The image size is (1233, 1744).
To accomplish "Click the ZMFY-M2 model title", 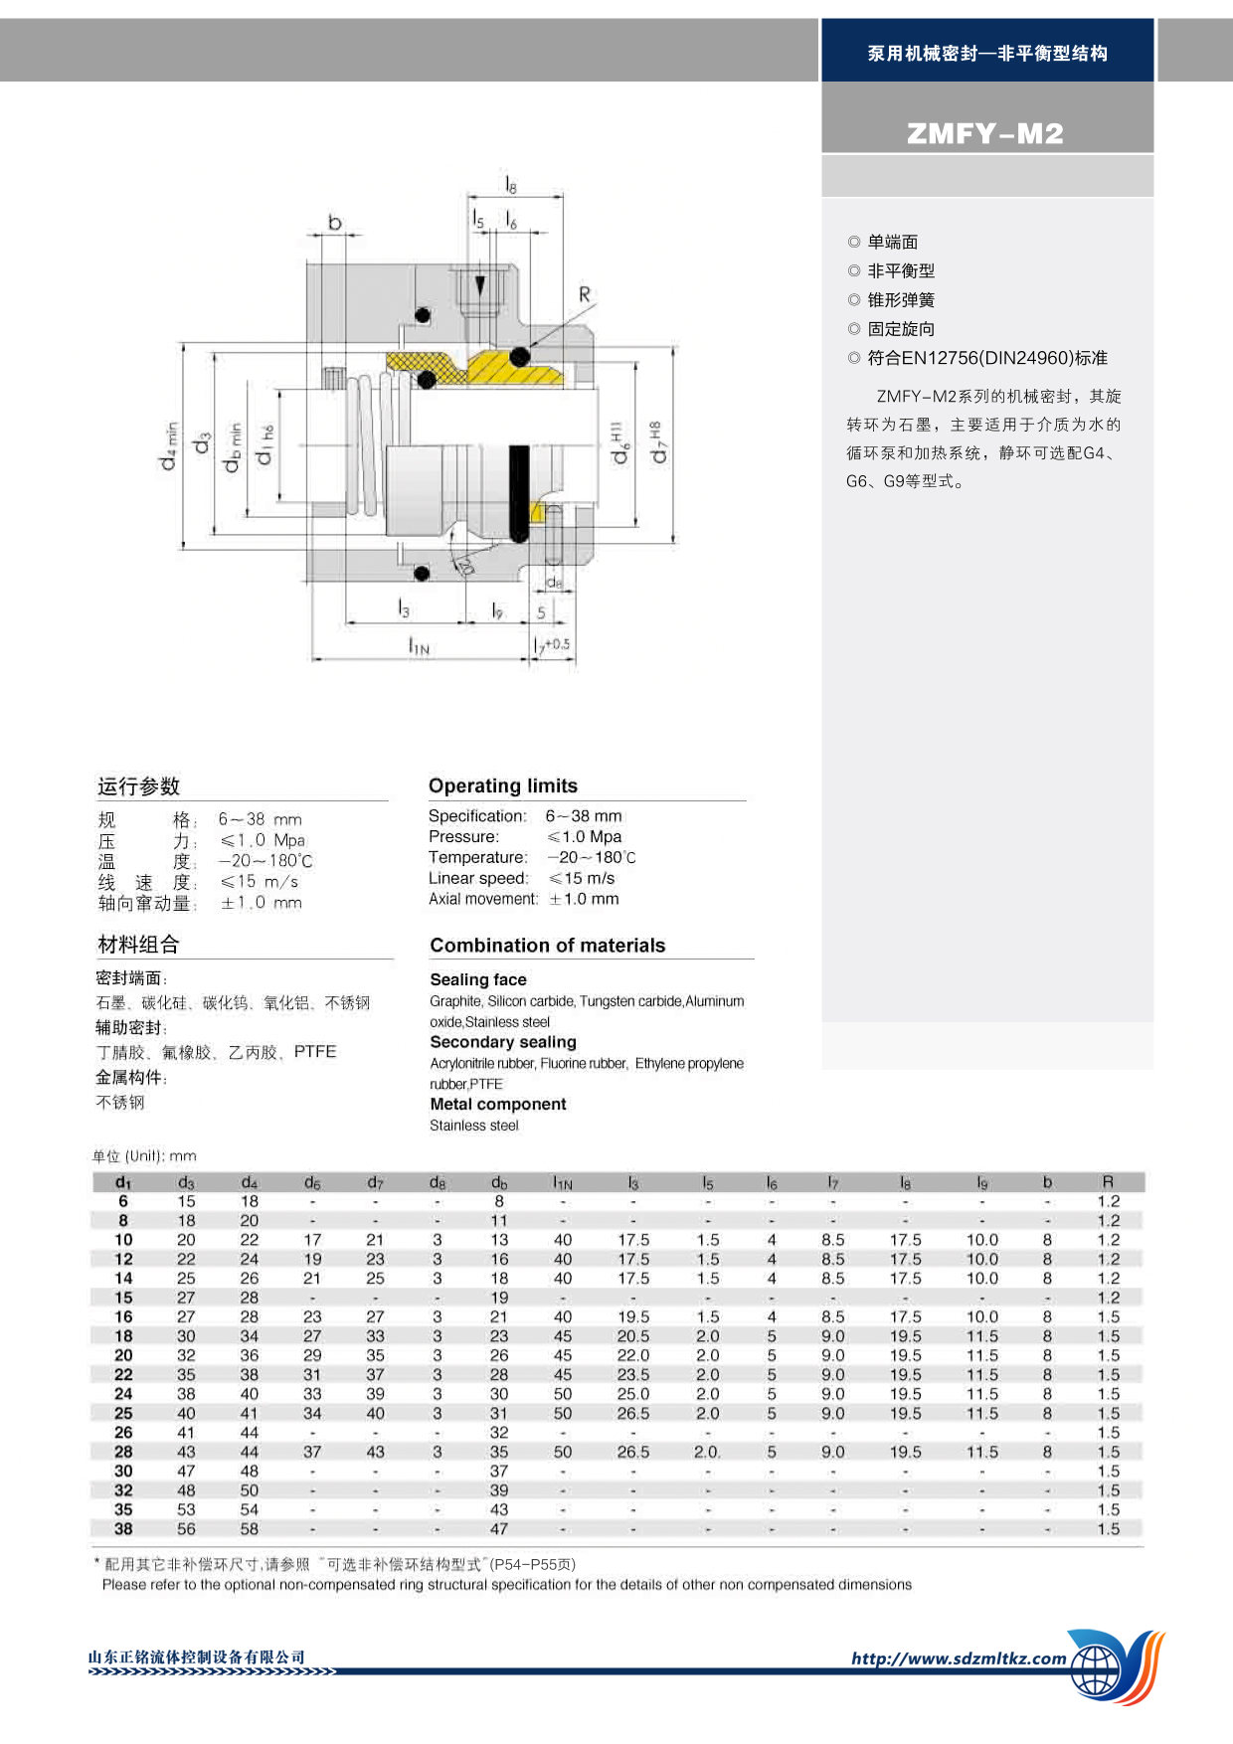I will [984, 133].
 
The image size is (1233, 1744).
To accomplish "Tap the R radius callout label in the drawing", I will [585, 294].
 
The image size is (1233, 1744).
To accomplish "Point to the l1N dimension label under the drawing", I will [419, 647].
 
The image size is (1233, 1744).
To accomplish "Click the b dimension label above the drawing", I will [335, 222].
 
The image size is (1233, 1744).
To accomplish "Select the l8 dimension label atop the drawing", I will [511, 185].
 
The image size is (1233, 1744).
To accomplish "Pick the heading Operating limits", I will [503, 785].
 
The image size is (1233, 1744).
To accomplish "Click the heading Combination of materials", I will [547, 946].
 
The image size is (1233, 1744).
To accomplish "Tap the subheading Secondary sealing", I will [503, 1042].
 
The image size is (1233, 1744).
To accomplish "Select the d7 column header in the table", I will [375, 1182].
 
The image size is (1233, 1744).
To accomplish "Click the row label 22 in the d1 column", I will [123, 1374].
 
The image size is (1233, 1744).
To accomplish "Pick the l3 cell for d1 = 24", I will [633, 1394].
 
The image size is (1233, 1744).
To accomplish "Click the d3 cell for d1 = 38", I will [186, 1529].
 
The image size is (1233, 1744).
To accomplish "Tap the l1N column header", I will [563, 1182].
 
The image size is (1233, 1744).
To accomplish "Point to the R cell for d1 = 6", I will [1108, 1201].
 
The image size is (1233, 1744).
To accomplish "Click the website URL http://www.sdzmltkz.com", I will [959, 1658].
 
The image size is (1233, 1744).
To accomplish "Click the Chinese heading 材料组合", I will [138, 945].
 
